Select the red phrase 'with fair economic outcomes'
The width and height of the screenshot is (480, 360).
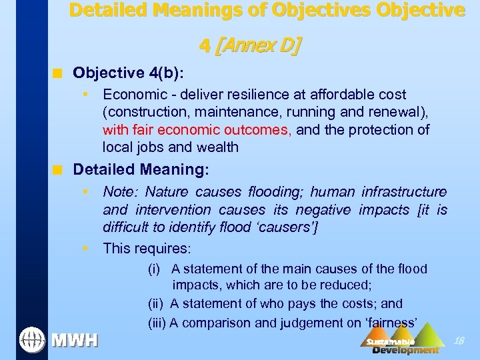[x=197, y=129]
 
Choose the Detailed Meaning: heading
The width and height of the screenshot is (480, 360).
[x=141, y=170]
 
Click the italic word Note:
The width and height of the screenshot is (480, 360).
[x=121, y=193]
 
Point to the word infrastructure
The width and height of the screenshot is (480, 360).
[x=404, y=193]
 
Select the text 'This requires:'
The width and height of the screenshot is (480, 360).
[x=147, y=249]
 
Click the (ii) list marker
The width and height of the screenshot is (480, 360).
[x=157, y=303]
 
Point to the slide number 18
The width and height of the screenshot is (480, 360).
[x=459, y=341]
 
